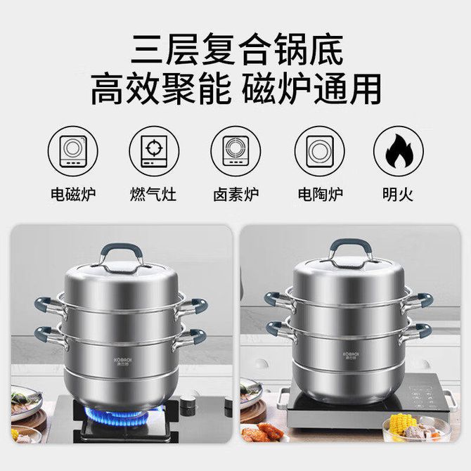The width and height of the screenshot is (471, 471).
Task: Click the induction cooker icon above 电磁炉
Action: pyautogui.click(x=73, y=151)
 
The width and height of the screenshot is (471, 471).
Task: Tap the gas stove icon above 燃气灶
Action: pyautogui.click(x=154, y=151)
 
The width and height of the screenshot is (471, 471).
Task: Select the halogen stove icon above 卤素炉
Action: pyautogui.click(x=235, y=151)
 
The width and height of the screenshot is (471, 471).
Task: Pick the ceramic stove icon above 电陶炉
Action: pyautogui.click(x=320, y=151)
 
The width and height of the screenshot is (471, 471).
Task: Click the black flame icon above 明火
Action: pyautogui.click(x=399, y=151)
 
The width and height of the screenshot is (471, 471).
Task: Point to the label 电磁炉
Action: pyautogui.click(x=73, y=194)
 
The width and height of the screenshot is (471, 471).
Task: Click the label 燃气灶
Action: pyautogui.click(x=153, y=194)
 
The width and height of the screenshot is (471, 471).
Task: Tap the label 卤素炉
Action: pyautogui.click(x=236, y=194)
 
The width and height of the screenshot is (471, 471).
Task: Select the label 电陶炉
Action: pyautogui.click(x=321, y=194)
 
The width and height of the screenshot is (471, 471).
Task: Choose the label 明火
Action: pyautogui.click(x=398, y=194)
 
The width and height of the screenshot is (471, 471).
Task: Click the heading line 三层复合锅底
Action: pyautogui.click(x=237, y=50)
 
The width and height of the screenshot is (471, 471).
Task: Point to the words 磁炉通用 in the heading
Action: pyautogui.click(x=312, y=89)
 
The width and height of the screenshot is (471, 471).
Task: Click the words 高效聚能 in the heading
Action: pyautogui.click(x=161, y=89)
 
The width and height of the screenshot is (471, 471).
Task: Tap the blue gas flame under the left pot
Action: pyautogui.click(x=117, y=417)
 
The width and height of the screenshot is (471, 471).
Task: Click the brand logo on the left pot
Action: pyautogui.click(x=122, y=361)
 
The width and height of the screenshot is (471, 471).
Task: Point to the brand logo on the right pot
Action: pyautogui.click(x=351, y=356)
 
